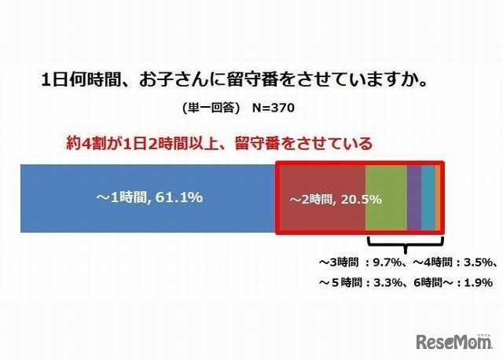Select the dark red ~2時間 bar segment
pyautogui.click(x=321, y=198)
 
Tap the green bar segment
pyautogui.click(x=386, y=198)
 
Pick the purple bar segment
pyautogui.click(x=414, y=198)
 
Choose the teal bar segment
pyautogui.click(x=428, y=198)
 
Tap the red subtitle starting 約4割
pyautogui.click(x=218, y=144)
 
